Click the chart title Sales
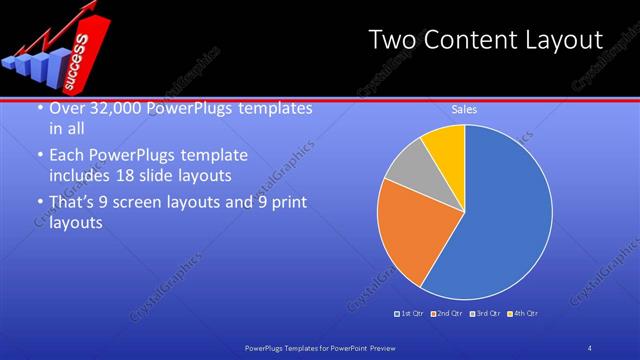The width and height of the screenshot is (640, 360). click(x=464, y=109)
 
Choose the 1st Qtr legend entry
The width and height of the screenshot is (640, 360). click(x=410, y=314)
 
